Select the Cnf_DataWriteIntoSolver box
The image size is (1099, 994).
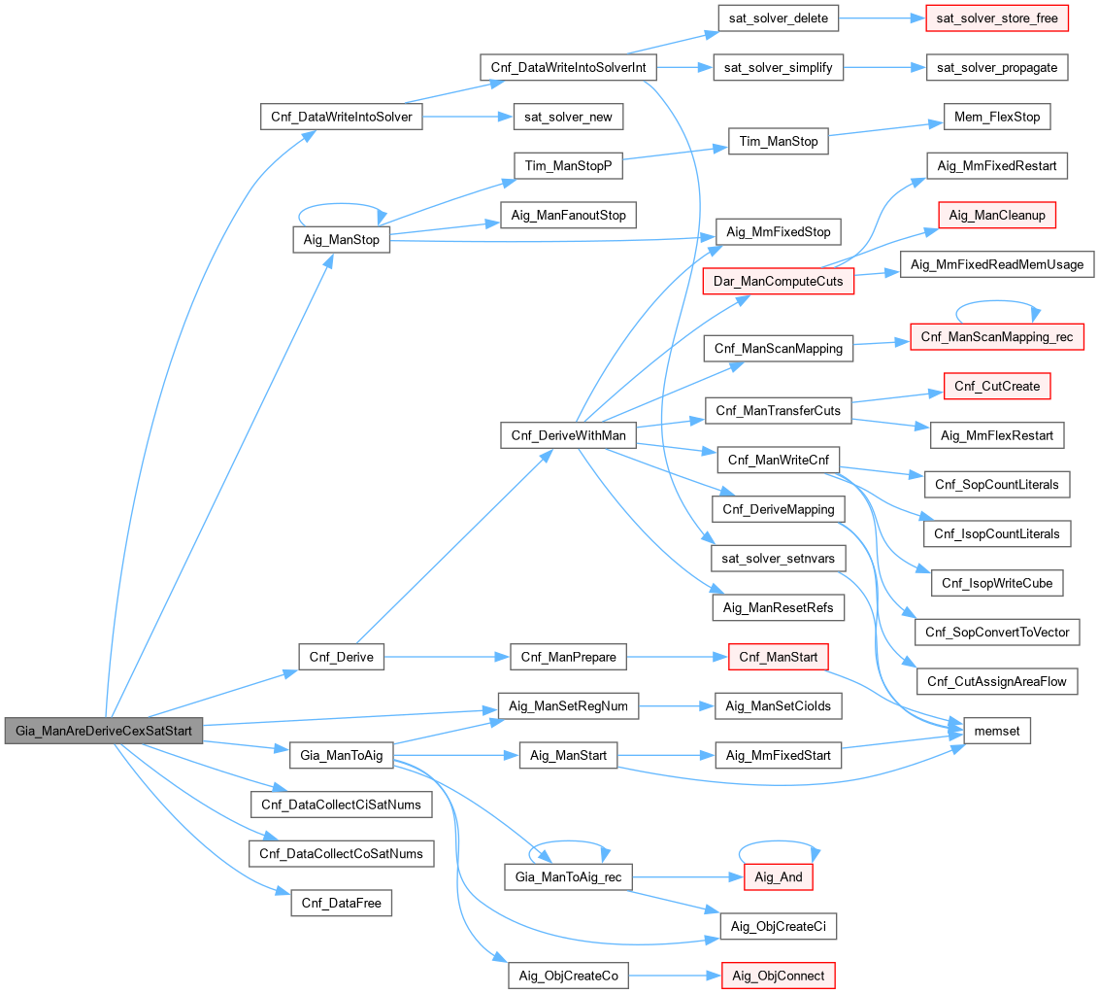click(341, 117)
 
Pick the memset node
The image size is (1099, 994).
click(996, 731)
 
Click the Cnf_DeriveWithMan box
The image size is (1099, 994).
click(568, 434)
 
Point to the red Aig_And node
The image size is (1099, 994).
click(778, 876)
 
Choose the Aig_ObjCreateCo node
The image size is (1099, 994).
click(568, 975)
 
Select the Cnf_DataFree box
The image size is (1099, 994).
click(341, 903)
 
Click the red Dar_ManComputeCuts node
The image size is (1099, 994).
click(778, 282)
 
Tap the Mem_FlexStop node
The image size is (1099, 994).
click(997, 117)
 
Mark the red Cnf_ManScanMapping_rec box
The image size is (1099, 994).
click(997, 336)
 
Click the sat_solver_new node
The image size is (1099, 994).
click(568, 117)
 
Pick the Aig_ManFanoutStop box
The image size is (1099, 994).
click(568, 215)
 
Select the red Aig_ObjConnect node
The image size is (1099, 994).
click(778, 975)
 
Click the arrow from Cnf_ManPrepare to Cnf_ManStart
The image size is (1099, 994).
click(677, 658)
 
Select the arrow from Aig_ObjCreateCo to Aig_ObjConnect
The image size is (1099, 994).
click(674, 975)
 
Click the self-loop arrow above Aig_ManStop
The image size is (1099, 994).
click(341, 206)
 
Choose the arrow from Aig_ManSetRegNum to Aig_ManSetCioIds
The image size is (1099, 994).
click(676, 706)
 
